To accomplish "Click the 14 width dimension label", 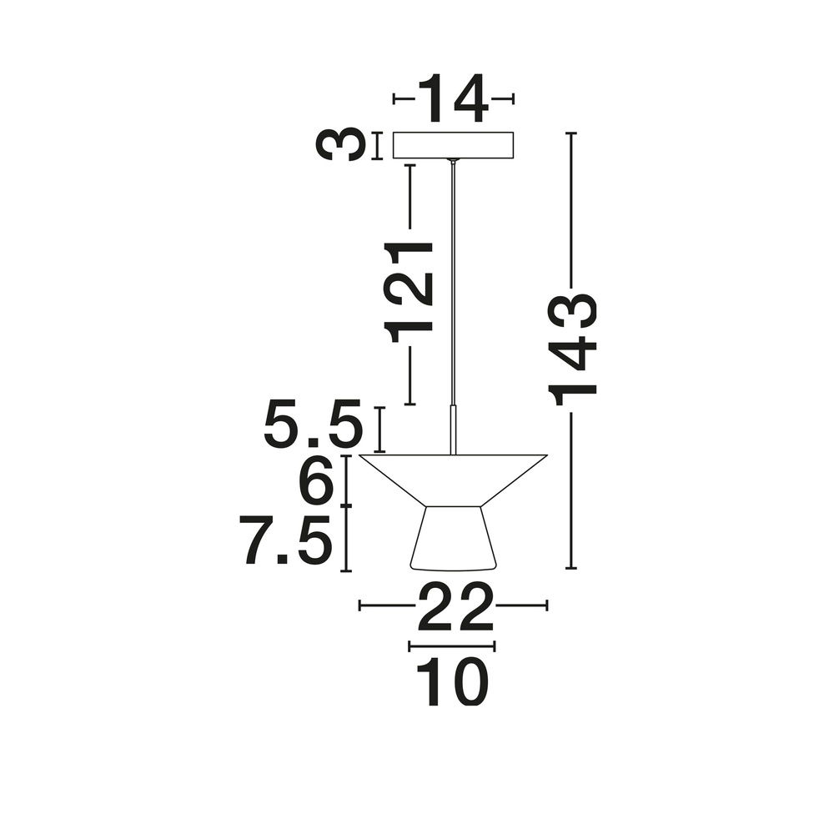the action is tap(453, 98).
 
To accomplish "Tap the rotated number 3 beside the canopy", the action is tap(340, 145).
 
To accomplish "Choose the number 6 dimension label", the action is tap(317, 482).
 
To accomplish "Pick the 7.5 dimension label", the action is tap(287, 540).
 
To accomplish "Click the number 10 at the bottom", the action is tap(452, 682).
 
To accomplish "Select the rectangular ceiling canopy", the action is tap(453, 145).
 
